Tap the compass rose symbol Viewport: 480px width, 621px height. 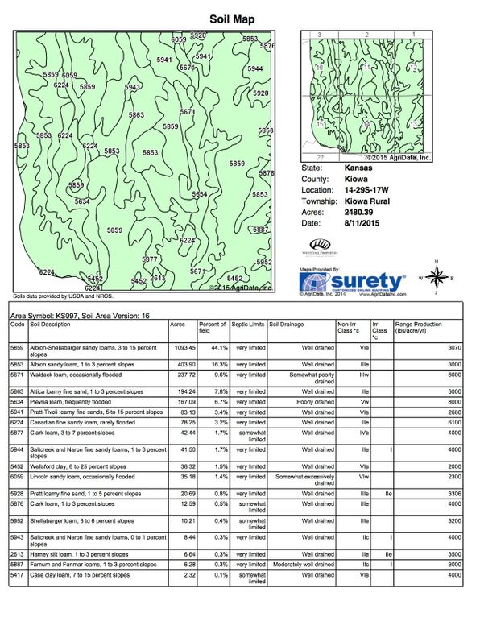(437, 277)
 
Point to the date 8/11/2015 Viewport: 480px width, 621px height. (361, 223)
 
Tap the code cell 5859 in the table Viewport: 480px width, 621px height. (17, 347)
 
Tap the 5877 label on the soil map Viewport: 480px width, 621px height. (149, 259)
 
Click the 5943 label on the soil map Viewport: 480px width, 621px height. (133, 87)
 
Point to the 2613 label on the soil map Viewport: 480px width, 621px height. (157, 279)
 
